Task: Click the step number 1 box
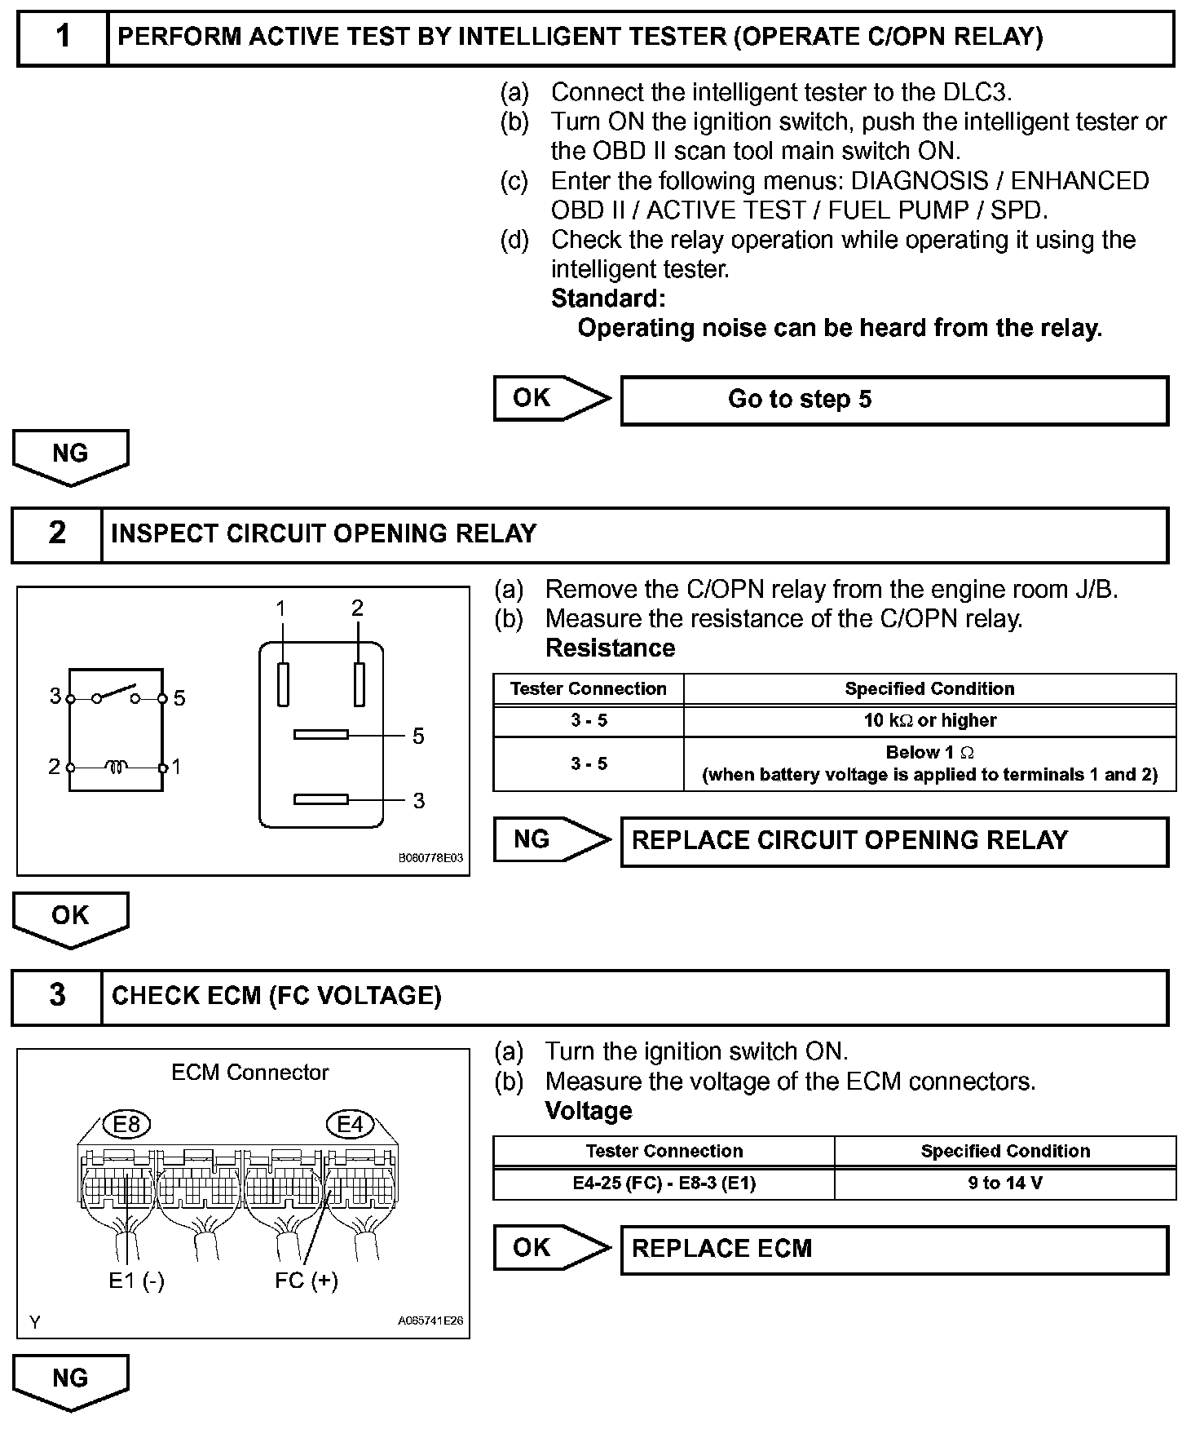pyautogui.click(x=63, y=38)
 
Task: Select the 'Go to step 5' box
pyautogui.click(x=894, y=400)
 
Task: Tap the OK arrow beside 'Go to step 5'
pyautogui.click(x=550, y=398)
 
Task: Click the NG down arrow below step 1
pyautogui.click(x=70, y=456)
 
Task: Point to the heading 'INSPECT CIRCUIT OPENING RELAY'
pyautogui.click(x=324, y=533)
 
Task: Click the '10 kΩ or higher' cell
pyautogui.click(x=929, y=720)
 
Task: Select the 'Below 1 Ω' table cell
pyautogui.click(x=929, y=763)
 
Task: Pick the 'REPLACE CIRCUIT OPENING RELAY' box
pyautogui.click(x=894, y=841)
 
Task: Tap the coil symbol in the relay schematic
pyautogui.click(x=117, y=767)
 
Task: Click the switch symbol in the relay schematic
pyautogui.click(x=116, y=696)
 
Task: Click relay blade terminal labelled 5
pyautogui.click(x=321, y=735)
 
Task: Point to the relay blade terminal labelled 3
pyautogui.click(x=321, y=799)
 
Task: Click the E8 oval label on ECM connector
pyautogui.click(x=127, y=1125)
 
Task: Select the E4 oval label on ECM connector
pyautogui.click(x=350, y=1125)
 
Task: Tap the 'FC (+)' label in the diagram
pyautogui.click(x=306, y=1281)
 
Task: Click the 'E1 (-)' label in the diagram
pyautogui.click(x=136, y=1281)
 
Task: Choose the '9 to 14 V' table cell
pyautogui.click(x=1005, y=1183)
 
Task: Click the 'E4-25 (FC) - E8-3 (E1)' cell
pyautogui.click(x=664, y=1183)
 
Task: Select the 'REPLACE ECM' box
pyautogui.click(x=894, y=1250)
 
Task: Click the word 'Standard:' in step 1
pyautogui.click(x=608, y=299)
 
